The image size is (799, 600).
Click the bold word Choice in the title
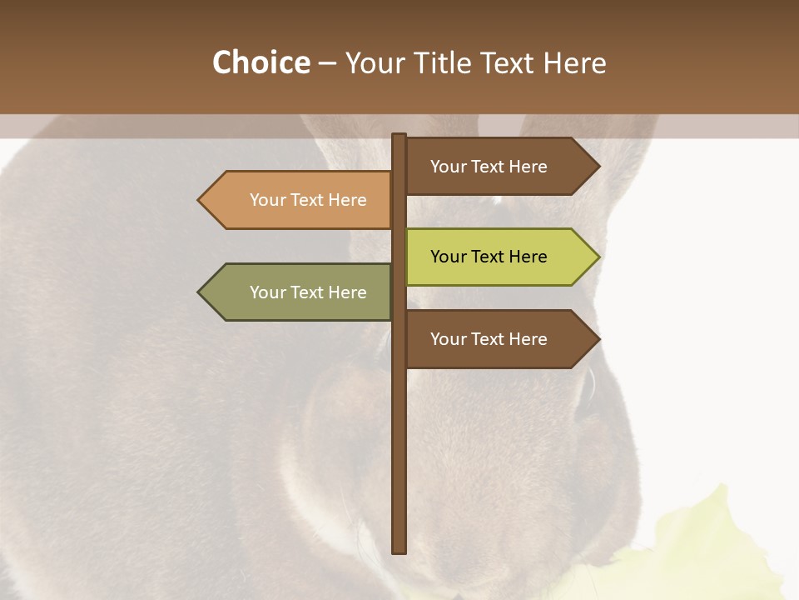coord(261,63)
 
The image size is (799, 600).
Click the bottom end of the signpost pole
coord(399,550)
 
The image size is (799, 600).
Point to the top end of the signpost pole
coord(399,137)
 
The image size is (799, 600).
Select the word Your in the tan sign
coord(266,200)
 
